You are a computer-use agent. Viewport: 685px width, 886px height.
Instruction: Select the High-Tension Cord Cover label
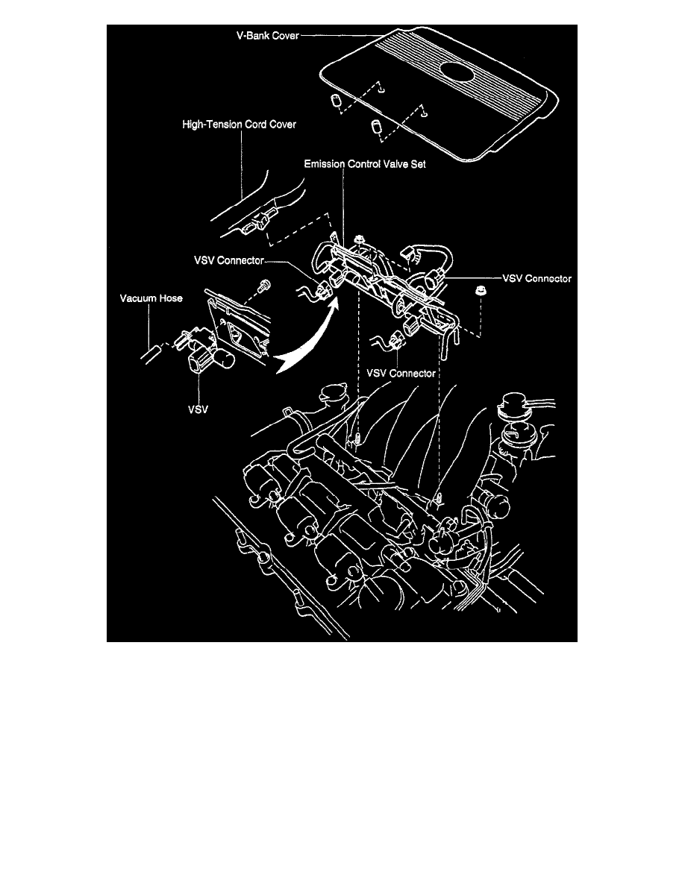(x=240, y=125)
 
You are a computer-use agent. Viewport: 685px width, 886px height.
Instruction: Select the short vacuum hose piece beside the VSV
(x=149, y=351)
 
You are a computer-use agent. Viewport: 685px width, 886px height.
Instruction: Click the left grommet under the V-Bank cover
(x=337, y=101)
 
